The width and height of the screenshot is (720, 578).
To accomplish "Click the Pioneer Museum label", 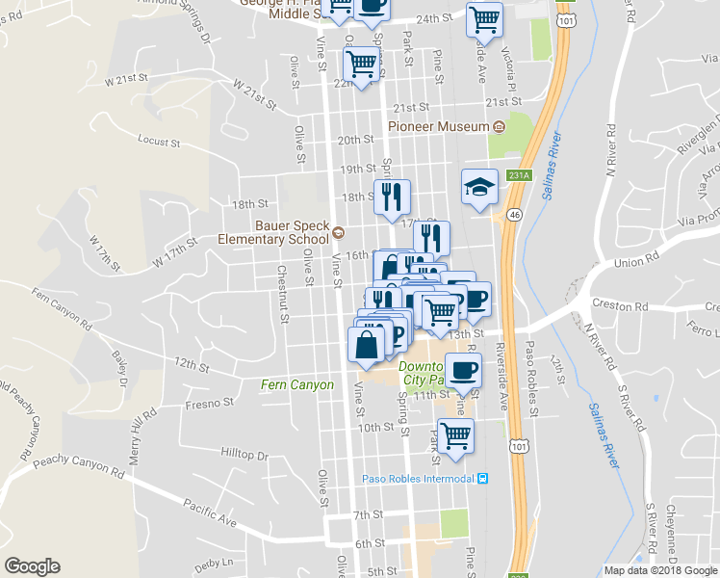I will coord(439,126).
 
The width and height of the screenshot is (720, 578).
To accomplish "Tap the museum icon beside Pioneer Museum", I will coord(499,127).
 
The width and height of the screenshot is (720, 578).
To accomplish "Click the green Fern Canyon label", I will coord(297,385).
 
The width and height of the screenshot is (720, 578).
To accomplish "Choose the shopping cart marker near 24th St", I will coord(484,18).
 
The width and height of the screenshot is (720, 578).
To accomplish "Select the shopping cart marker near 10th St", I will coord(454,434).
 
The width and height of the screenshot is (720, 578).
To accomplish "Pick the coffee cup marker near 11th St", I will coord(463,370).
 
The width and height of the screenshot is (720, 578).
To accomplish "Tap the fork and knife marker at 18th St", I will coord(392,197).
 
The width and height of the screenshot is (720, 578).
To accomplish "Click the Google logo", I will coord(32,566).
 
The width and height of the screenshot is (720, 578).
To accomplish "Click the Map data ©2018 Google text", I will coord(660,570).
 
